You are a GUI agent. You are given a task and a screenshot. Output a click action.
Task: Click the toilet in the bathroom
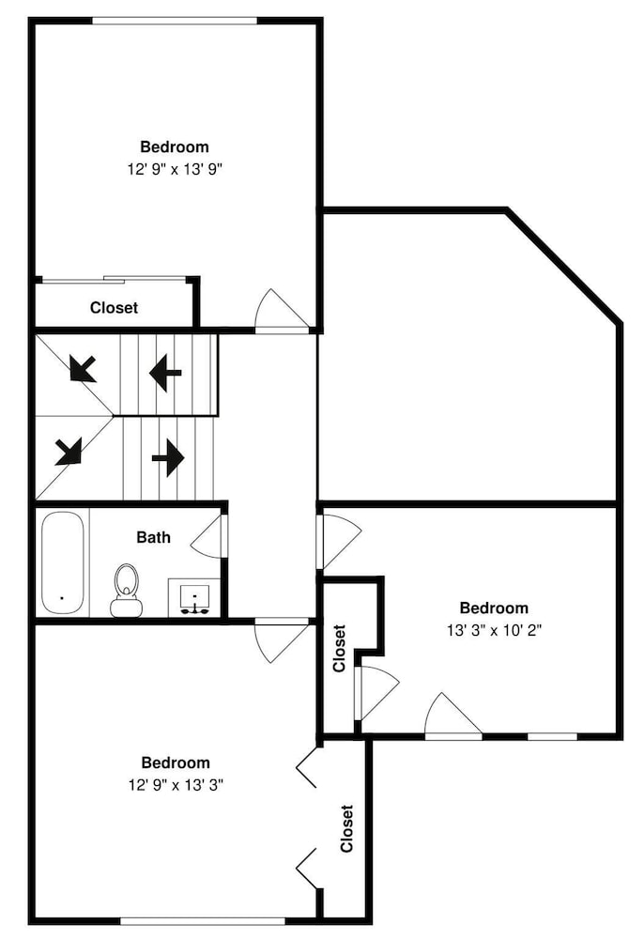coord(127,591)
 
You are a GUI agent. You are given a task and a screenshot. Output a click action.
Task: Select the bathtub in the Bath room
coord(62,562)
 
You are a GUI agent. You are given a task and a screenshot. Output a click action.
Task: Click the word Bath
coord(153,537)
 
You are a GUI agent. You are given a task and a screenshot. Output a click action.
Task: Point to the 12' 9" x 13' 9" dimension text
coord(175,169)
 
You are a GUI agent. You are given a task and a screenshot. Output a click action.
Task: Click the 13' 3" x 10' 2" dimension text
coord(495,631)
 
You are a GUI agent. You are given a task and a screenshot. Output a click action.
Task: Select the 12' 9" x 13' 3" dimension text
coord(176,785)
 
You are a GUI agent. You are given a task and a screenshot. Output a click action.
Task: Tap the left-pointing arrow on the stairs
coord(165,373)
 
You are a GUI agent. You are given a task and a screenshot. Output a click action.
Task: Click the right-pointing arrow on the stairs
coord(168,458)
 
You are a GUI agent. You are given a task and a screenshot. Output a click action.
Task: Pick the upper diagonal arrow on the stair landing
coord(83,368)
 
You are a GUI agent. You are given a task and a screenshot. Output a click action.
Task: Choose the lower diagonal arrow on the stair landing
coord(69,452)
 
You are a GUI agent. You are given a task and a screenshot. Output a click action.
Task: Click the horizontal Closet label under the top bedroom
coord(114,308)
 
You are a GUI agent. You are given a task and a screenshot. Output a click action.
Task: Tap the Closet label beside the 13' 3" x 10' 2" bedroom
coord(339,649)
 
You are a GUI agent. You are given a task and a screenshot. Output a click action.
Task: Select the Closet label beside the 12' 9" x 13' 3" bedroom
coord(347,828)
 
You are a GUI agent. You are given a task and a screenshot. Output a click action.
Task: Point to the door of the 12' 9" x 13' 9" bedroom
coord(282,309)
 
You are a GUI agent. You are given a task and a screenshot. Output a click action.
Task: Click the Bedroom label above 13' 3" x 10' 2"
coord(494,608)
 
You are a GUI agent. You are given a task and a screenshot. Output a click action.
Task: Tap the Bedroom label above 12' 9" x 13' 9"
coord(175,147)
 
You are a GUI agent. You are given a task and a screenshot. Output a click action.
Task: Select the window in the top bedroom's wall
coord(175,22)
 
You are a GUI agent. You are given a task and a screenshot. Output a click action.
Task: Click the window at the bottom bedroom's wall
coord(202,920)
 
